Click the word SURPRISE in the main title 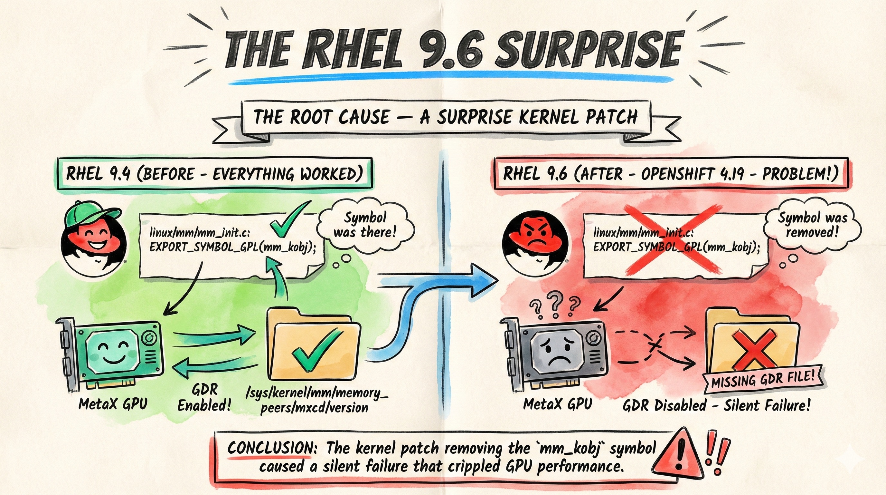(588, 51)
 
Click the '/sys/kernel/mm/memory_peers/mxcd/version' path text (316, 400)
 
